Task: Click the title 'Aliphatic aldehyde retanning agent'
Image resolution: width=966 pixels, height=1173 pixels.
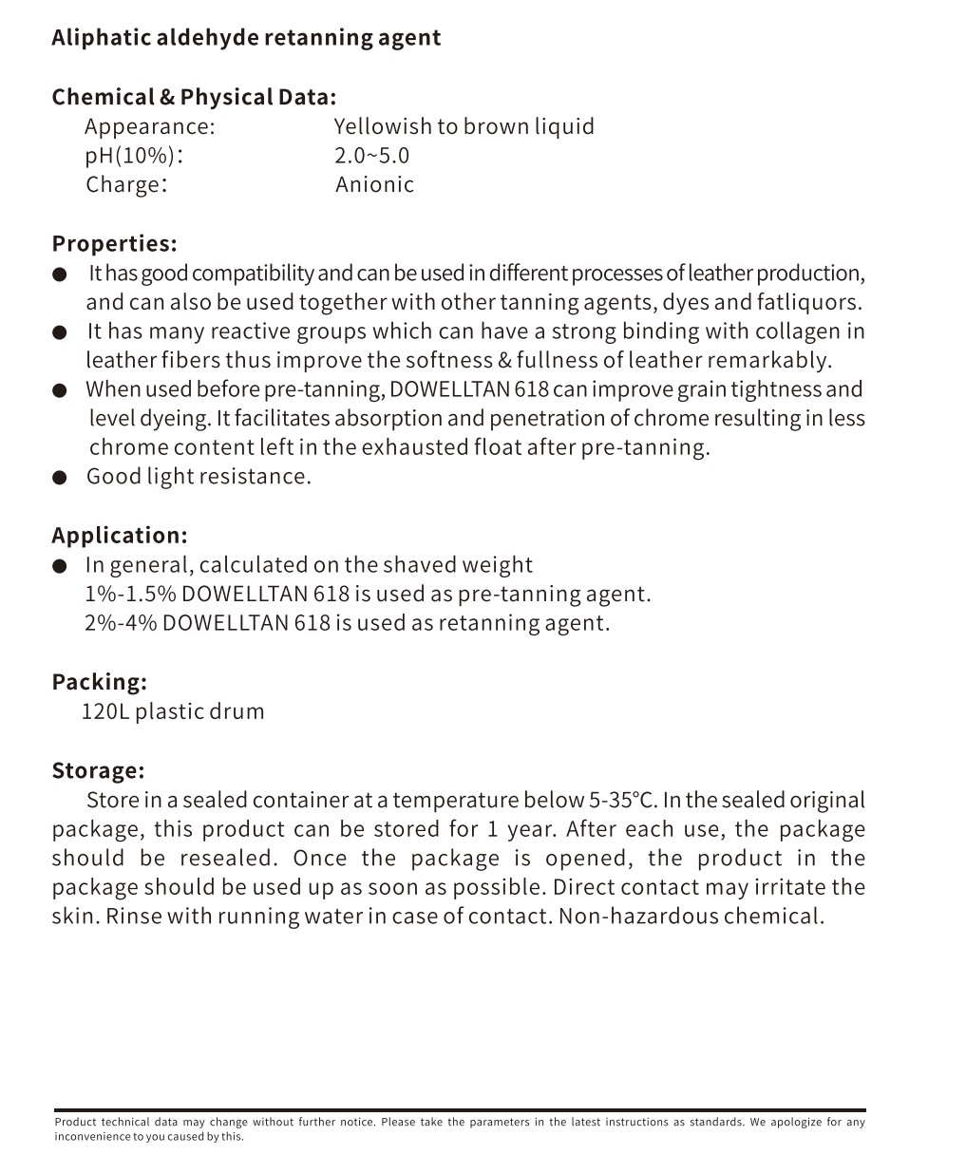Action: coord(246,38)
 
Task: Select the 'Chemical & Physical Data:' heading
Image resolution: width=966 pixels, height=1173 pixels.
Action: coord(194,97)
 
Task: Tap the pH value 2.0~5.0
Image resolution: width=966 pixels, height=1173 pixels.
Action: coord(371,156)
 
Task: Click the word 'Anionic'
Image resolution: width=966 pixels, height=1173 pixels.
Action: coord(374,184)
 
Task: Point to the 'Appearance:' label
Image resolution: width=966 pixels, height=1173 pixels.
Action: coord(150,126)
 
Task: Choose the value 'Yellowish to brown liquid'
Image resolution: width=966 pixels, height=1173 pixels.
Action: coord(464,126)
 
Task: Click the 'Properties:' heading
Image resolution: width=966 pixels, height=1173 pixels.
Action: coord(114,244)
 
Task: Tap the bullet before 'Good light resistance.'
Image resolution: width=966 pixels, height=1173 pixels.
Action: coord(60,478)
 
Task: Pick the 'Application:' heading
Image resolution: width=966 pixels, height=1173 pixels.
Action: coord(120,536)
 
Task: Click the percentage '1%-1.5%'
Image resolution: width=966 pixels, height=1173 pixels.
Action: coord(130,595)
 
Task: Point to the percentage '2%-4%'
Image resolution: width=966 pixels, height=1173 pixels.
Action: coord(121,623)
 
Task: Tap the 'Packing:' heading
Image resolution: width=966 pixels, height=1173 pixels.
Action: coord(100,682)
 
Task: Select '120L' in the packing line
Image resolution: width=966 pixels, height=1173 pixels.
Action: coord(104,711)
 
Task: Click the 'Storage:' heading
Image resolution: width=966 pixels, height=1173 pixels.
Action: coord(98,770)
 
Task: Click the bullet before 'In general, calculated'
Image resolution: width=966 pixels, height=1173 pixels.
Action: coord(60,566)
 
